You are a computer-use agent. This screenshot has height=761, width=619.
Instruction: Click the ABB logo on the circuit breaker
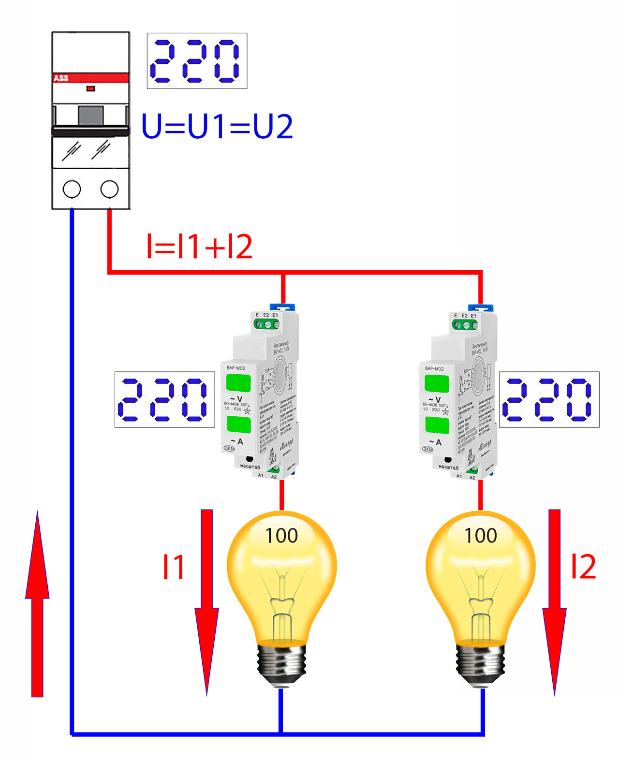61,78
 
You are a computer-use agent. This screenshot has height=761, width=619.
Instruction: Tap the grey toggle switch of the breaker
90,115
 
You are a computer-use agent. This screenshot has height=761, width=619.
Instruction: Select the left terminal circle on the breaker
72,189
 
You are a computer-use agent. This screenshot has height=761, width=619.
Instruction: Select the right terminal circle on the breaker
109,189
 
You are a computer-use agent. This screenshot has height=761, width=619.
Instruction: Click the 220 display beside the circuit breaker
197,61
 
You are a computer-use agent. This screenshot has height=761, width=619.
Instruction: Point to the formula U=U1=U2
217,127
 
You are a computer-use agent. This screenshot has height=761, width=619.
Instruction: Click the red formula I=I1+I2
199,247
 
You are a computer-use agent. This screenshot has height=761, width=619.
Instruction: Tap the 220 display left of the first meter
164,399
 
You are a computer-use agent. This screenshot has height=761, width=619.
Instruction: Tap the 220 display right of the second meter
549,399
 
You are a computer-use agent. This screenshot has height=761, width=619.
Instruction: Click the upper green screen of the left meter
238,383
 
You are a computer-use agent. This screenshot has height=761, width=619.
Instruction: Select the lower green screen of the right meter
437,425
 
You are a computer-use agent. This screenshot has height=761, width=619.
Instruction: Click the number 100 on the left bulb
281,536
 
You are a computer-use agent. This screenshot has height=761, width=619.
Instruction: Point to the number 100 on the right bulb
480,536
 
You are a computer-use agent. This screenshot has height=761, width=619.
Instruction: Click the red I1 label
173,567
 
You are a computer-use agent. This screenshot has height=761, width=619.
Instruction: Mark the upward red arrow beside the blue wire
37,604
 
